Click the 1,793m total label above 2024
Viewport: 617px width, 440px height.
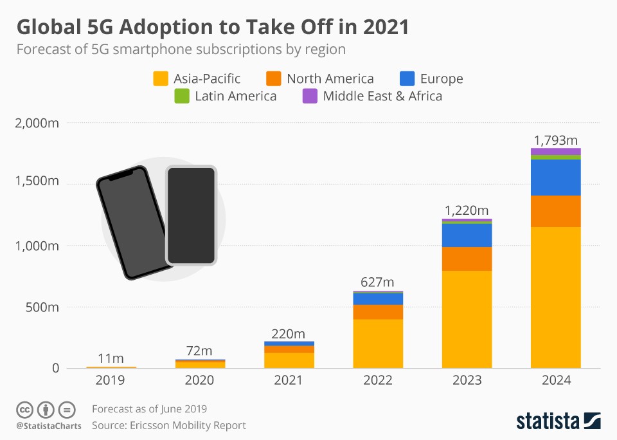(555, 140)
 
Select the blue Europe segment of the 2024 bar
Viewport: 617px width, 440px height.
(555, 178)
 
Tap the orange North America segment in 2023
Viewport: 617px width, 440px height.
(467, 259)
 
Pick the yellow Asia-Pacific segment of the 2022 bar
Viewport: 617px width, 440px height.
(378, 344)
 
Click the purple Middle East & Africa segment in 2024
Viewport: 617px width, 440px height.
(555, 151)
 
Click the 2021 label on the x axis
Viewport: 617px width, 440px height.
(289, 380)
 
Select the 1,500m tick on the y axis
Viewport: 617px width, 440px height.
(37, 184)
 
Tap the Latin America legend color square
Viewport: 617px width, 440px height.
(182, 96)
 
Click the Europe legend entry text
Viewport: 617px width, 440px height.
(442, 79)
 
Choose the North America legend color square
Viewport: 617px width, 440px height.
(273, 79)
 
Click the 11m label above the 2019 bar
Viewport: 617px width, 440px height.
(111, 358)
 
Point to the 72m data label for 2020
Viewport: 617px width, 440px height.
(200, 351)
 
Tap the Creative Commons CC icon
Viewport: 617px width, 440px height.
(24, 409)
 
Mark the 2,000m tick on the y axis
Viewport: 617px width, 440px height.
(37, 123)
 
